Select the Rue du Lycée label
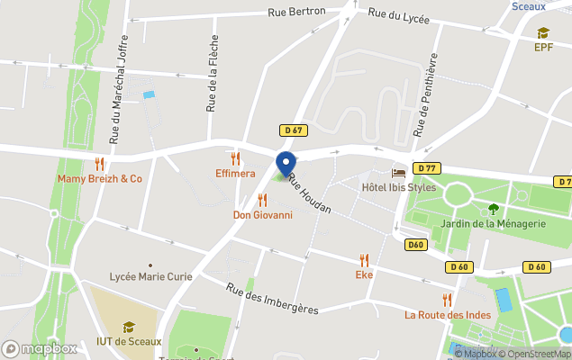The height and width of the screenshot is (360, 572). (398, 15)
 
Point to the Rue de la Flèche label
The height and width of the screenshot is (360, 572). (213, 73)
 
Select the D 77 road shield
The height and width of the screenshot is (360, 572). (426, 168)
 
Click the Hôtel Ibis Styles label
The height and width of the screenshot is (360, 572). (398, 187)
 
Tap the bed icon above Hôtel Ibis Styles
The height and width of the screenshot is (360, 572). (398, 173)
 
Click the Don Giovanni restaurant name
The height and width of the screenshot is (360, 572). (262, 214)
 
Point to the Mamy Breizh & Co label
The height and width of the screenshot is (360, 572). (100, 178)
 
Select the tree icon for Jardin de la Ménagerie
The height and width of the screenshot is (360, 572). (493, 209)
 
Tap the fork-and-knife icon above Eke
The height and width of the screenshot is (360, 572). (364, 259)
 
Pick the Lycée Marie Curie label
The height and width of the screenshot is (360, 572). (150, 276)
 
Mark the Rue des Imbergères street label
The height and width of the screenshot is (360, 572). (272, 298)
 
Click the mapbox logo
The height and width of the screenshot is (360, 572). (40, 347)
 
